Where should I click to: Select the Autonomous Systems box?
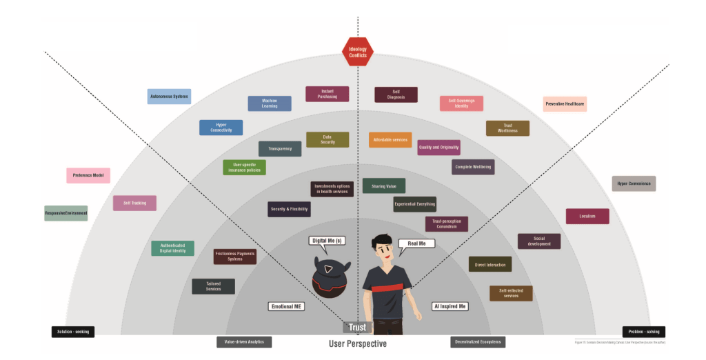tap(169, 97)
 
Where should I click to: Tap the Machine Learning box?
tap(270, 103)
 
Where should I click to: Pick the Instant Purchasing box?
tap(327, 94)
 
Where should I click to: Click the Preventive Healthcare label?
tap(565, 104)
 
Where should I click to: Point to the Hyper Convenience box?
tap(634, 183)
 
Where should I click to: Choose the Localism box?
tap(587, 216)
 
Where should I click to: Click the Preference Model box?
tap(88, 175)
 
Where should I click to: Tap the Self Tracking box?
tap(134, 203)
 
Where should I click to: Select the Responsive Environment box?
tap(66, 213)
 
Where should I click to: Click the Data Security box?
tap(327, 139)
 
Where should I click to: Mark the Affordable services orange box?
tap(390, 139)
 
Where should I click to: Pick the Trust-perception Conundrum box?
tap(447, 223)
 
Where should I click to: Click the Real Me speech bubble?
tap(416, 243)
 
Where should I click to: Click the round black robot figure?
tap(328, 276)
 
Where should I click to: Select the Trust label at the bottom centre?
tap(357, 327)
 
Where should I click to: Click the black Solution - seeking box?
tap(72, 332)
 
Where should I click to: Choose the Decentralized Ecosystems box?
tap(478, 341)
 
